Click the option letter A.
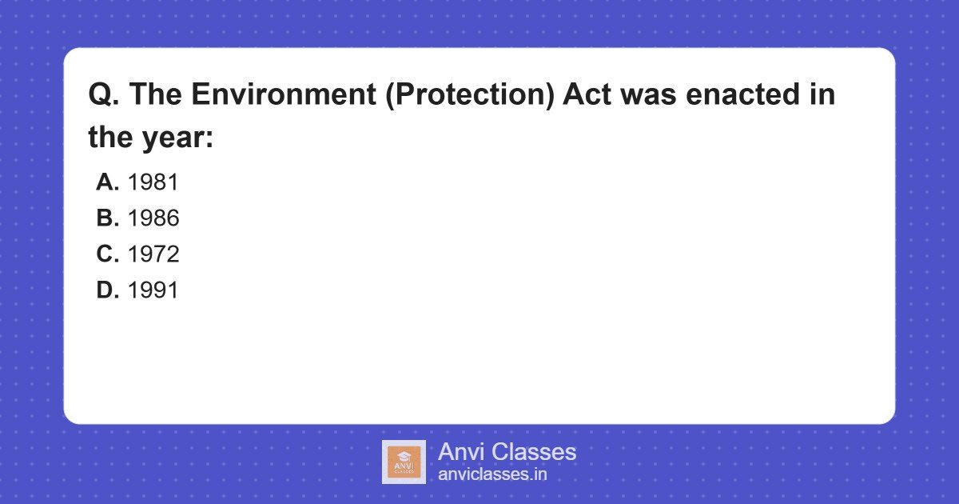pyautogui.click(x=107, y=182)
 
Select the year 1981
pyautogui.click(x=153, y=182)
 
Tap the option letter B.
pyautogui.click(x=107, y=218)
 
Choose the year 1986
pyautogui.click(x=153, y=218)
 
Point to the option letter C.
pyautogui.click(x=107, y=254)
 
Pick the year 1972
pyautogui.click(x=153, y=254)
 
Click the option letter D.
pyautogui.click(x=107, y=290)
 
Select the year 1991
pyautogui.click(x=153, y=290)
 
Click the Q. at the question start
pyautogui.click(x=103, y=95)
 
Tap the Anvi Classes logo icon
pyautogui.click(x=404, y=462)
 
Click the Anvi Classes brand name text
pyautogui.click(x=507, y=452)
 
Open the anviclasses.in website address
pyautogui.click(x=492, y=474)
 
